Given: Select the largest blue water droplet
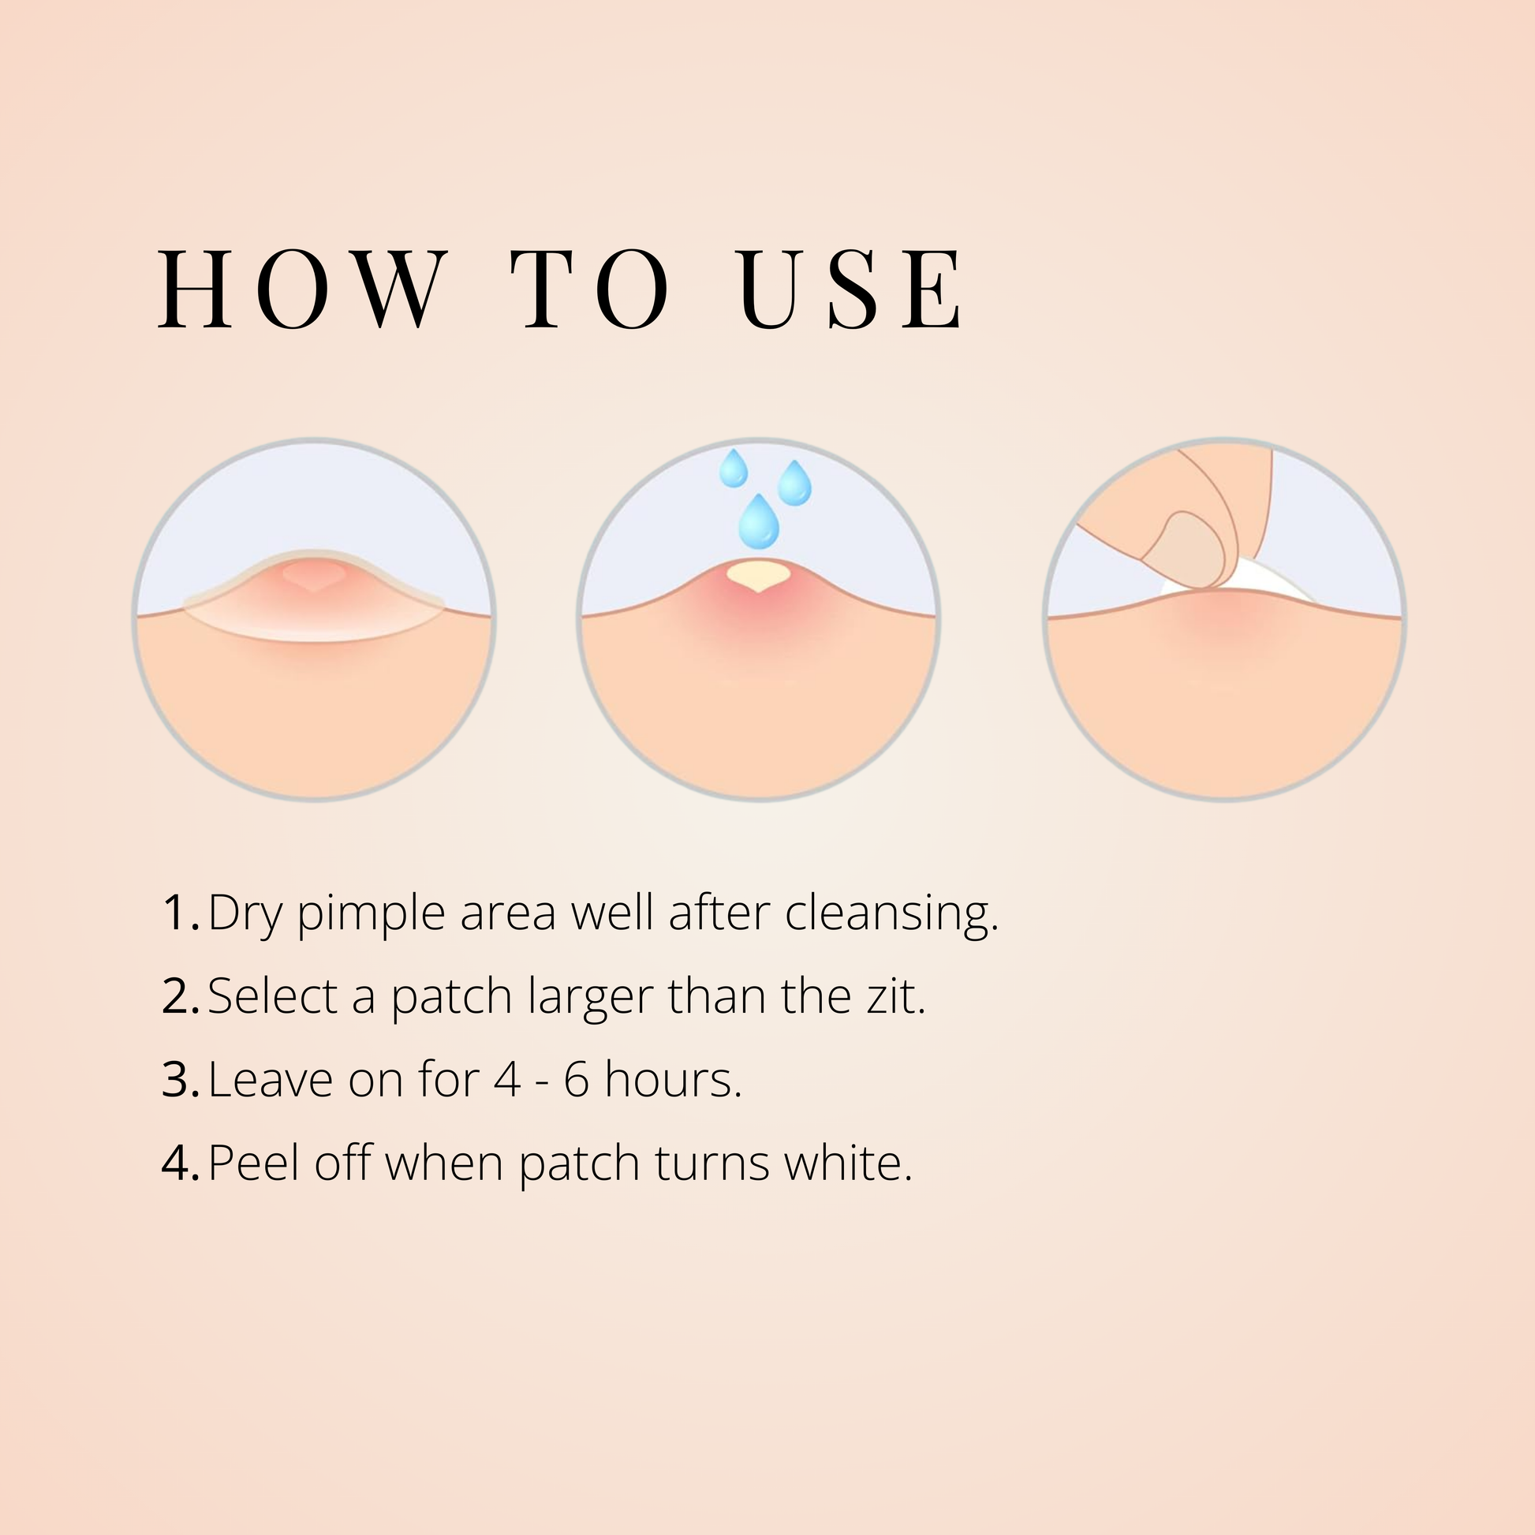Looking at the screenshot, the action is pos(759,521).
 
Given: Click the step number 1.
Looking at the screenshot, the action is pos(180,913).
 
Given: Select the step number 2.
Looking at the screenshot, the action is pos(180,997).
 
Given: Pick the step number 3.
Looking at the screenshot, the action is pos(180,1081).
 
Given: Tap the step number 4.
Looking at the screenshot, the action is pos(180,1164).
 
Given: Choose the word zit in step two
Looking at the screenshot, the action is pos(896,995).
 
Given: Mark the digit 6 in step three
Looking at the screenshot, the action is pos(577,1080).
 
